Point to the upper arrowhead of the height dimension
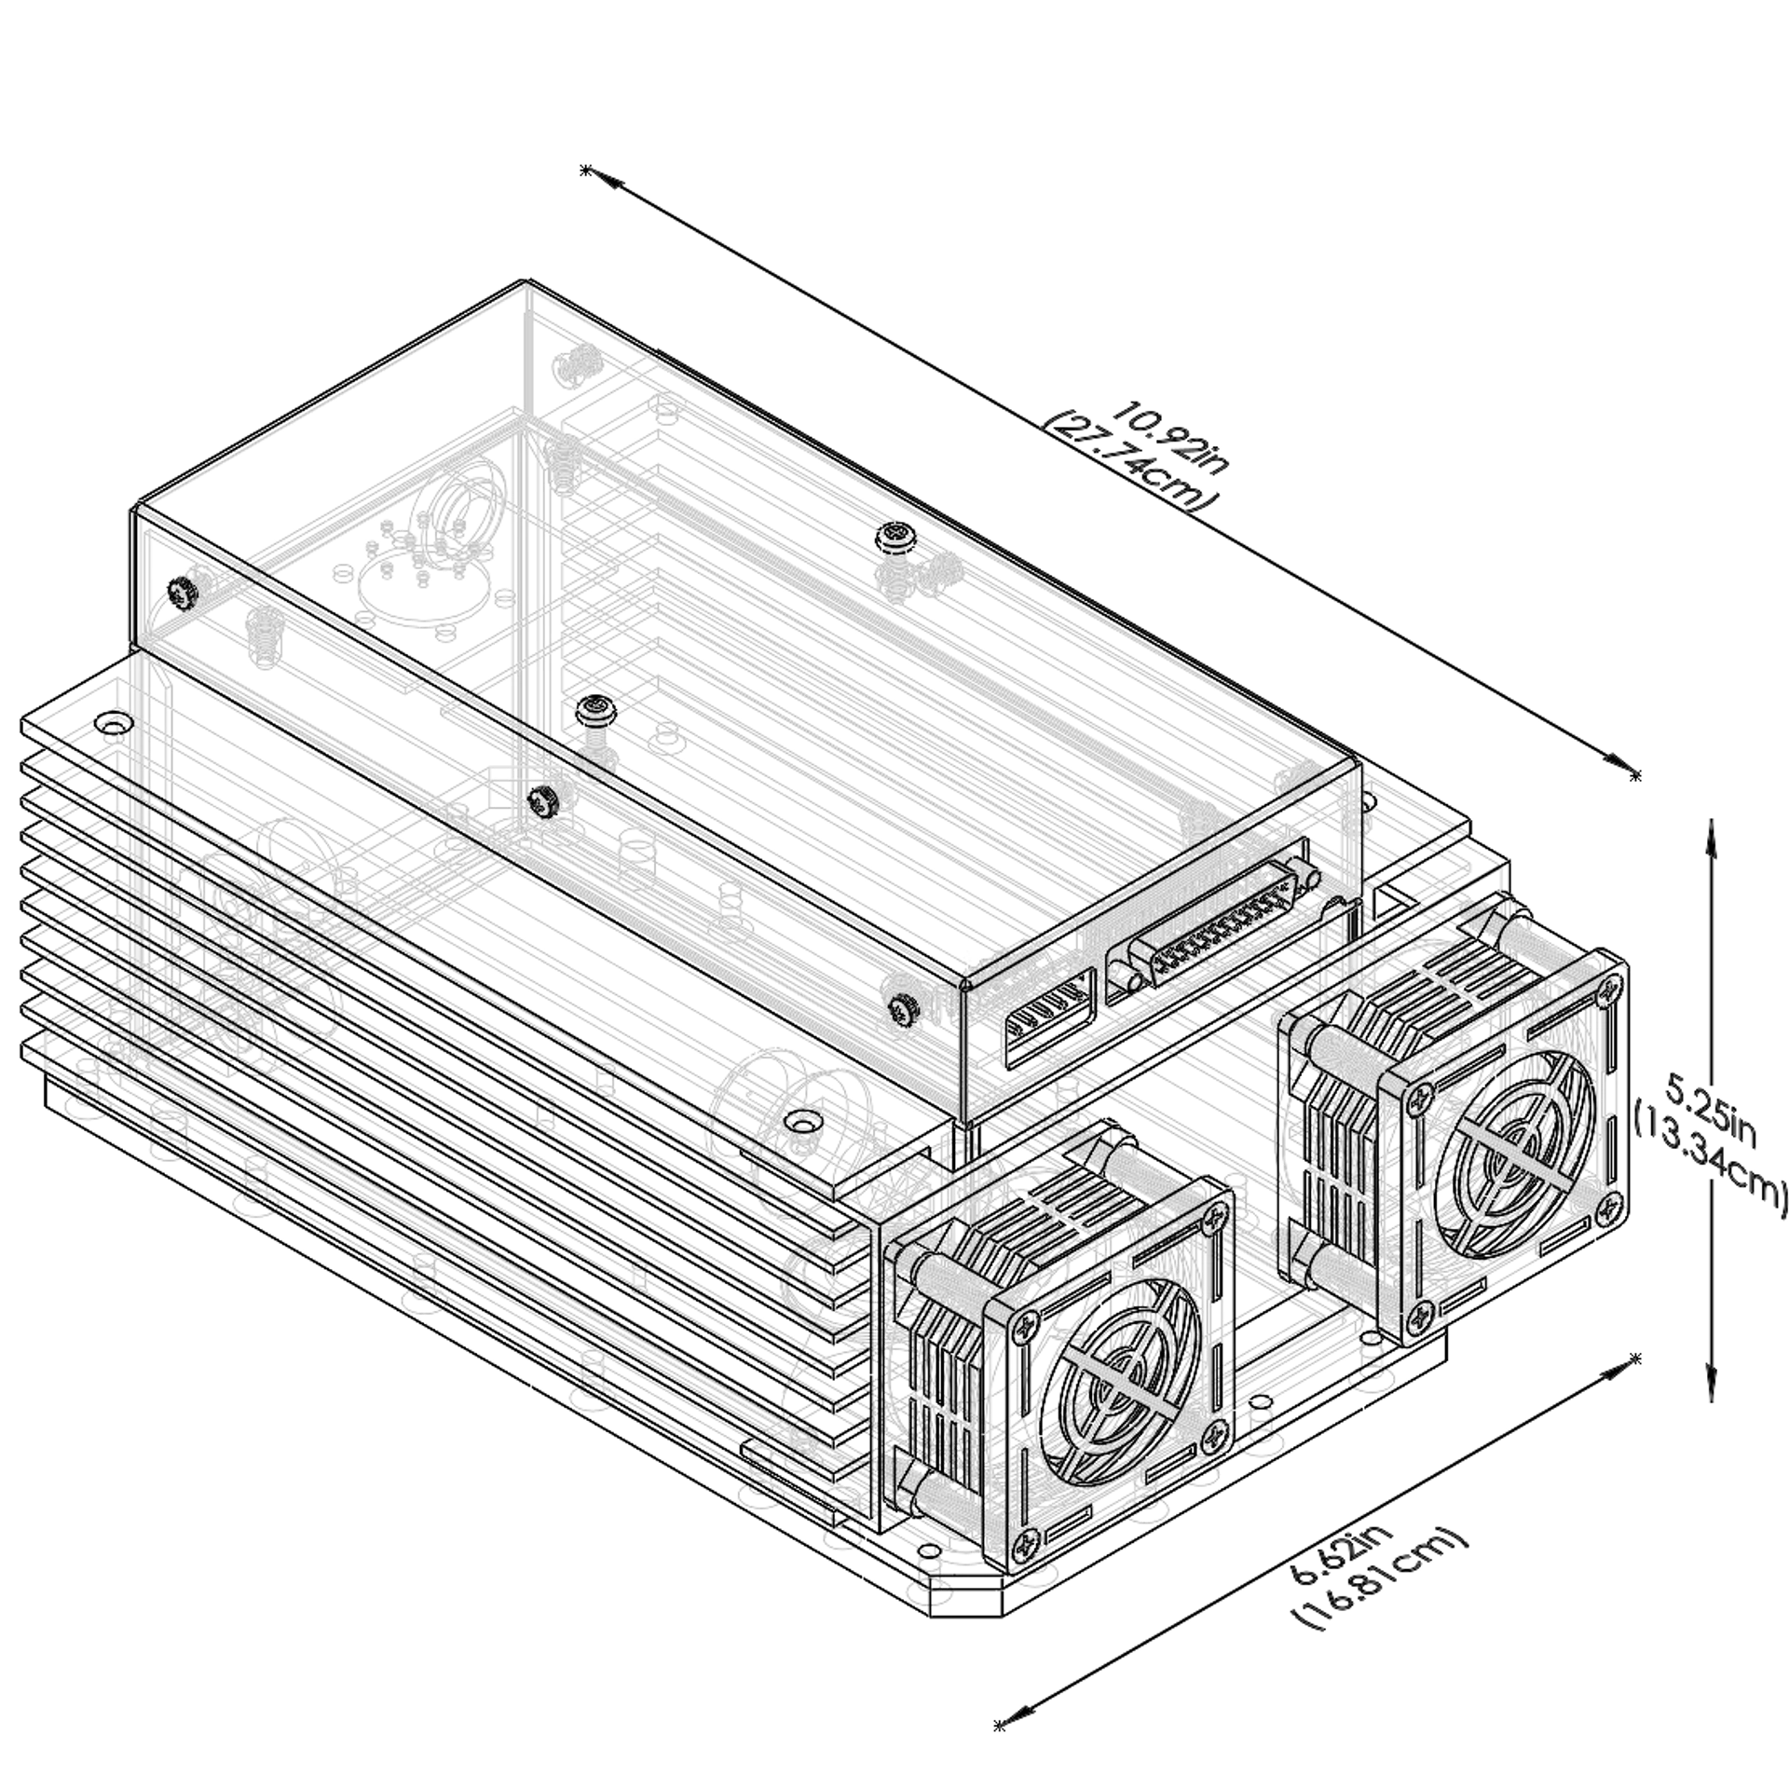[x=1709, y=839]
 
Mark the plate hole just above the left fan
[x=801, y=1119]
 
